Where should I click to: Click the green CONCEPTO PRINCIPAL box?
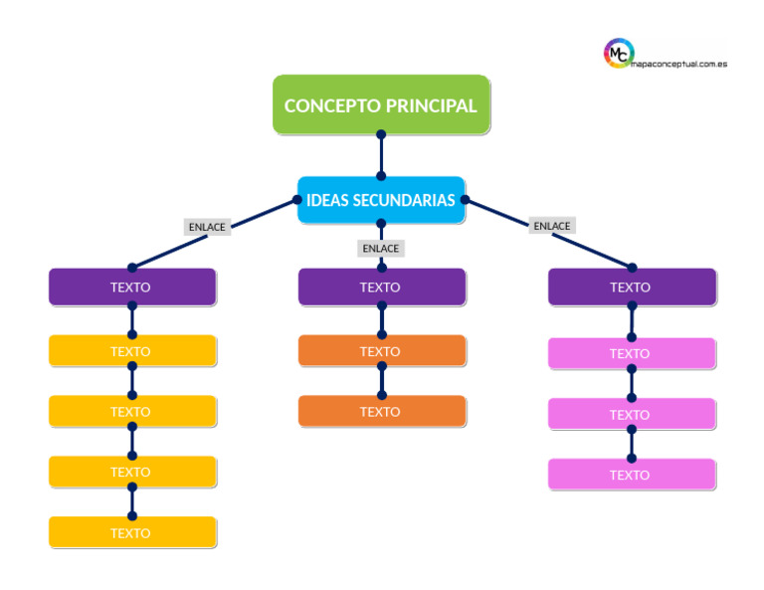(x=381, y=104)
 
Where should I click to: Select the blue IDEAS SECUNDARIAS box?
(x=381, y=200)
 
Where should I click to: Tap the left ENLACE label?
(x=207, y=227)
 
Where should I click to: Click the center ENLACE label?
(x=380, y=248)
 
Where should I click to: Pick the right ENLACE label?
(x=551, y=226)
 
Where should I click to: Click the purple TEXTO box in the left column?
(x=132, y=287)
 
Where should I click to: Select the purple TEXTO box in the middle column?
(x=381, y=287)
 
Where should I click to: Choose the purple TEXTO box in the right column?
(x=631, y=287)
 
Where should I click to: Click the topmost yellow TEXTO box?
(x=132, y=351)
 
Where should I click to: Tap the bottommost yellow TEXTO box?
(x=132, y=532)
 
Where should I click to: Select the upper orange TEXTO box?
(x=381, y=351)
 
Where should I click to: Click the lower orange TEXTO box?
(x=381, y=411)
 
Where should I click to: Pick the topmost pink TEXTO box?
(x=631, y=353)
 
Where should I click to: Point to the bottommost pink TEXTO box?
(x=631, y=475)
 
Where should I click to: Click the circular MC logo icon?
(x=619, y=54)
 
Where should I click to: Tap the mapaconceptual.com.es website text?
(x=680, y=63)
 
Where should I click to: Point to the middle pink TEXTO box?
(x=631, y=414)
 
